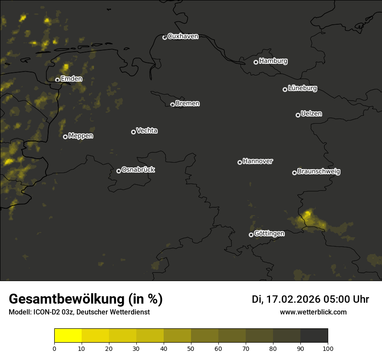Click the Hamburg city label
pyautogui.click(x=273, y=61)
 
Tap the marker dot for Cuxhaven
pyautogui.click(x=165, y=37)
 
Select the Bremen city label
pyautogui.click(x=188, y=104)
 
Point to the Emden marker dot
pyautogui.click(x=57, y=80)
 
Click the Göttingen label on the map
pyautogui.click(x=269, y=233)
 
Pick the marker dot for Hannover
pyautogui.click(x=240, y=162)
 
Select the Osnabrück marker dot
pyautogui.click(x=119, y=171)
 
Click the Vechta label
pyautogui.click(x=147, y=131)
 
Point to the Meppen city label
pyautogui.click(x=81, y=136)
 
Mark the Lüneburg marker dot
pyautogui.click(x=285, y=89)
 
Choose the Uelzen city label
pyautogui.click(x=311, y=114)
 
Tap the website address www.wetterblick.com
pyautogui.click(x=313, y=312)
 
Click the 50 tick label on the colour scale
pyautogui.click(x=191, y=348)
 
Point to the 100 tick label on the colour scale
pyautogui.click(x=328, y=348)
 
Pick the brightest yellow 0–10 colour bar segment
pyautogui.click(x=68, y=336)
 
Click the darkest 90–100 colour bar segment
pyautogui.click(x=314, y=336)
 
